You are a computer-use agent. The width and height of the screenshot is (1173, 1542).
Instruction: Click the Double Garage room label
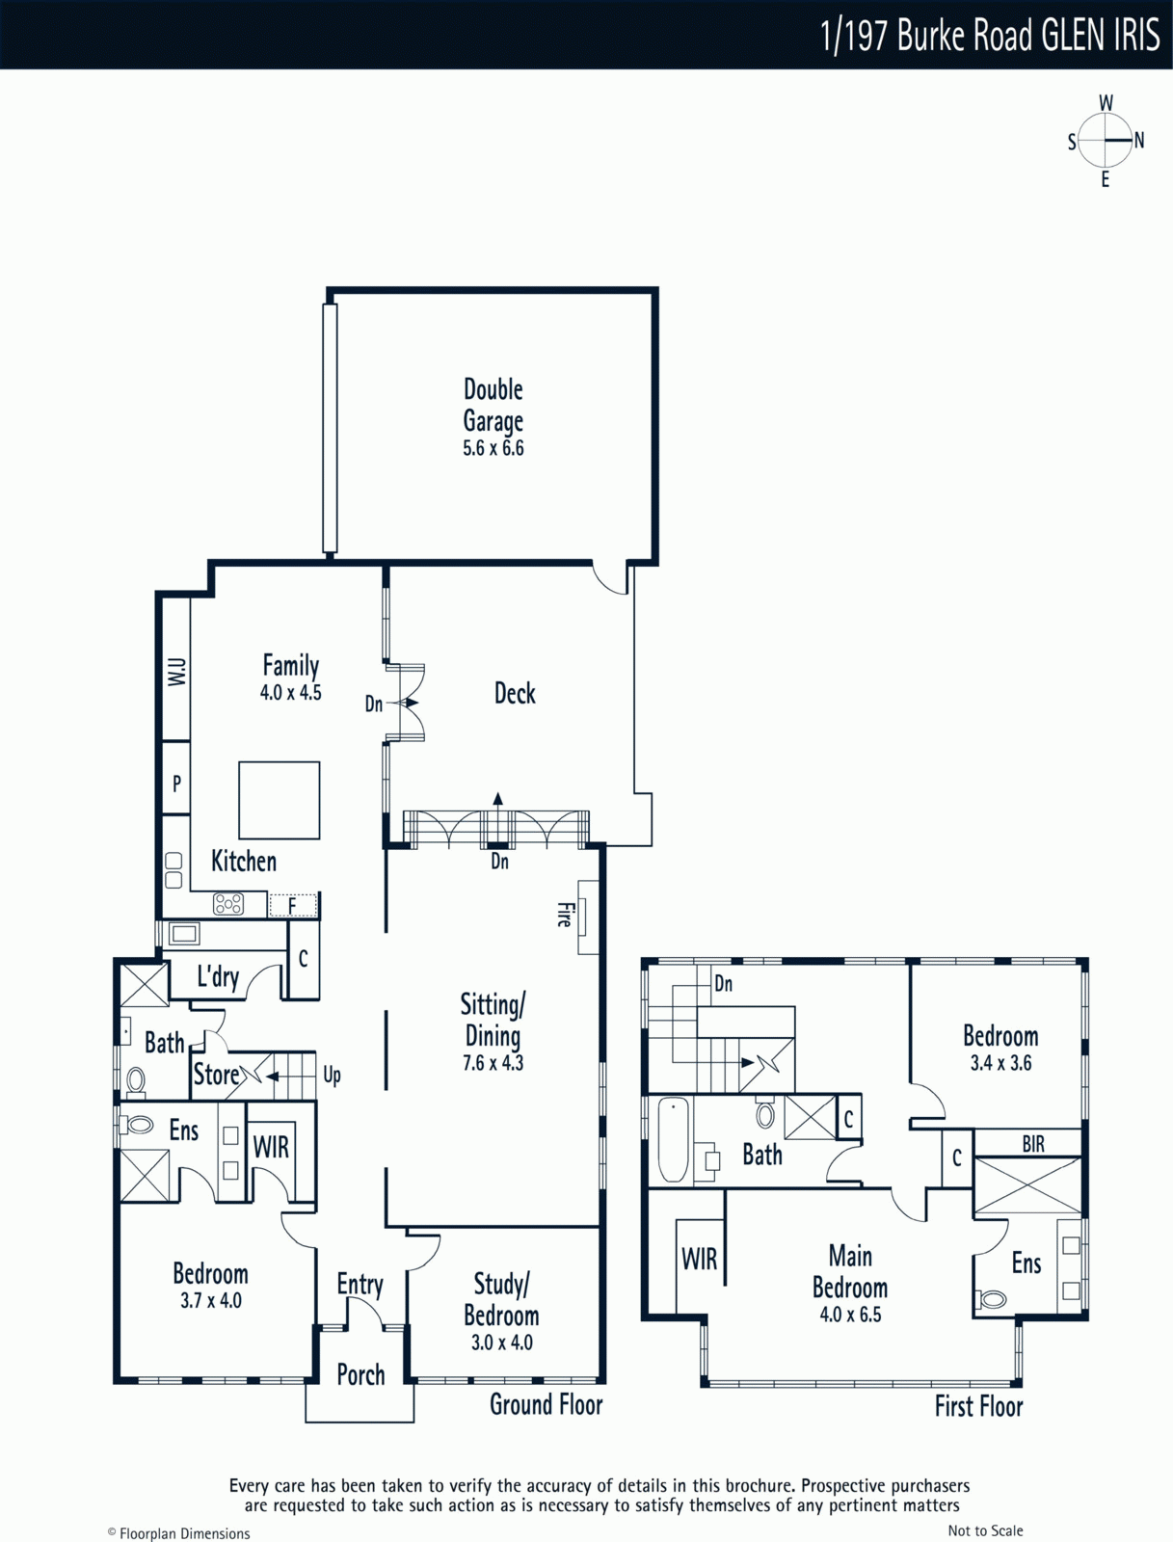click(x=493, y=406)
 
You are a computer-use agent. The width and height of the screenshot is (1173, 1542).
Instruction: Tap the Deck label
click(x=515, y=693)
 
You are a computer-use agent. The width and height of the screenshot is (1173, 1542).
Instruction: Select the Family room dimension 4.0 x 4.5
click(x=291, y=693)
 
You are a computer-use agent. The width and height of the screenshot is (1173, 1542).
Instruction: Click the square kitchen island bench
click(x=279, y=800)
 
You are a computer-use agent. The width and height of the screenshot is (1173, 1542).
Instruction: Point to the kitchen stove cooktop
click(x=228, y=903)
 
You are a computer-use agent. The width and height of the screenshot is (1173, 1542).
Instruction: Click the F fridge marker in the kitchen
click(x=292, y=906)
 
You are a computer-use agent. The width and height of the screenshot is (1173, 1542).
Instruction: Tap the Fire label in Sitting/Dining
click(x=564, y=915)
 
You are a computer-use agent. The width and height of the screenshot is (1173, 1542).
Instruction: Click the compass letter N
click(x=1139, y=141)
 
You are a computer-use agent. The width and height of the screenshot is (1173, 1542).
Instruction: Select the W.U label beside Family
click(x=177, y=672)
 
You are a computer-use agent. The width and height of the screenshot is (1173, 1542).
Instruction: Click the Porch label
click(x=361, y=1375)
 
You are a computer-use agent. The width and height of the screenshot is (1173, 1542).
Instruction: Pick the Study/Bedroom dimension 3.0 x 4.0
click(x=501, y=1343)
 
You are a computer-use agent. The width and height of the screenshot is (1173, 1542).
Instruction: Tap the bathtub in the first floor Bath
click(x=674, y=1139)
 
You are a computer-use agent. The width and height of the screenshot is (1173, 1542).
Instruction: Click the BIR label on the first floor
click(x=1033, y=1144)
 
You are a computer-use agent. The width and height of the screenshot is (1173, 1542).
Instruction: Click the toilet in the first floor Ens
click(x=992, y=1299)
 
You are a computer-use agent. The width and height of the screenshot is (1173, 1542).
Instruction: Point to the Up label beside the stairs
click(x=333, y=1076)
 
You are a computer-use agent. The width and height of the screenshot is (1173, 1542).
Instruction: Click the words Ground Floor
click(x=547, y=1404)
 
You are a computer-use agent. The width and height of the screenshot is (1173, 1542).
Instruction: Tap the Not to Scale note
click(x=985, y=1526)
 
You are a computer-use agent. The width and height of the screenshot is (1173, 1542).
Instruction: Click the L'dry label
click(x=218, y=977)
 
